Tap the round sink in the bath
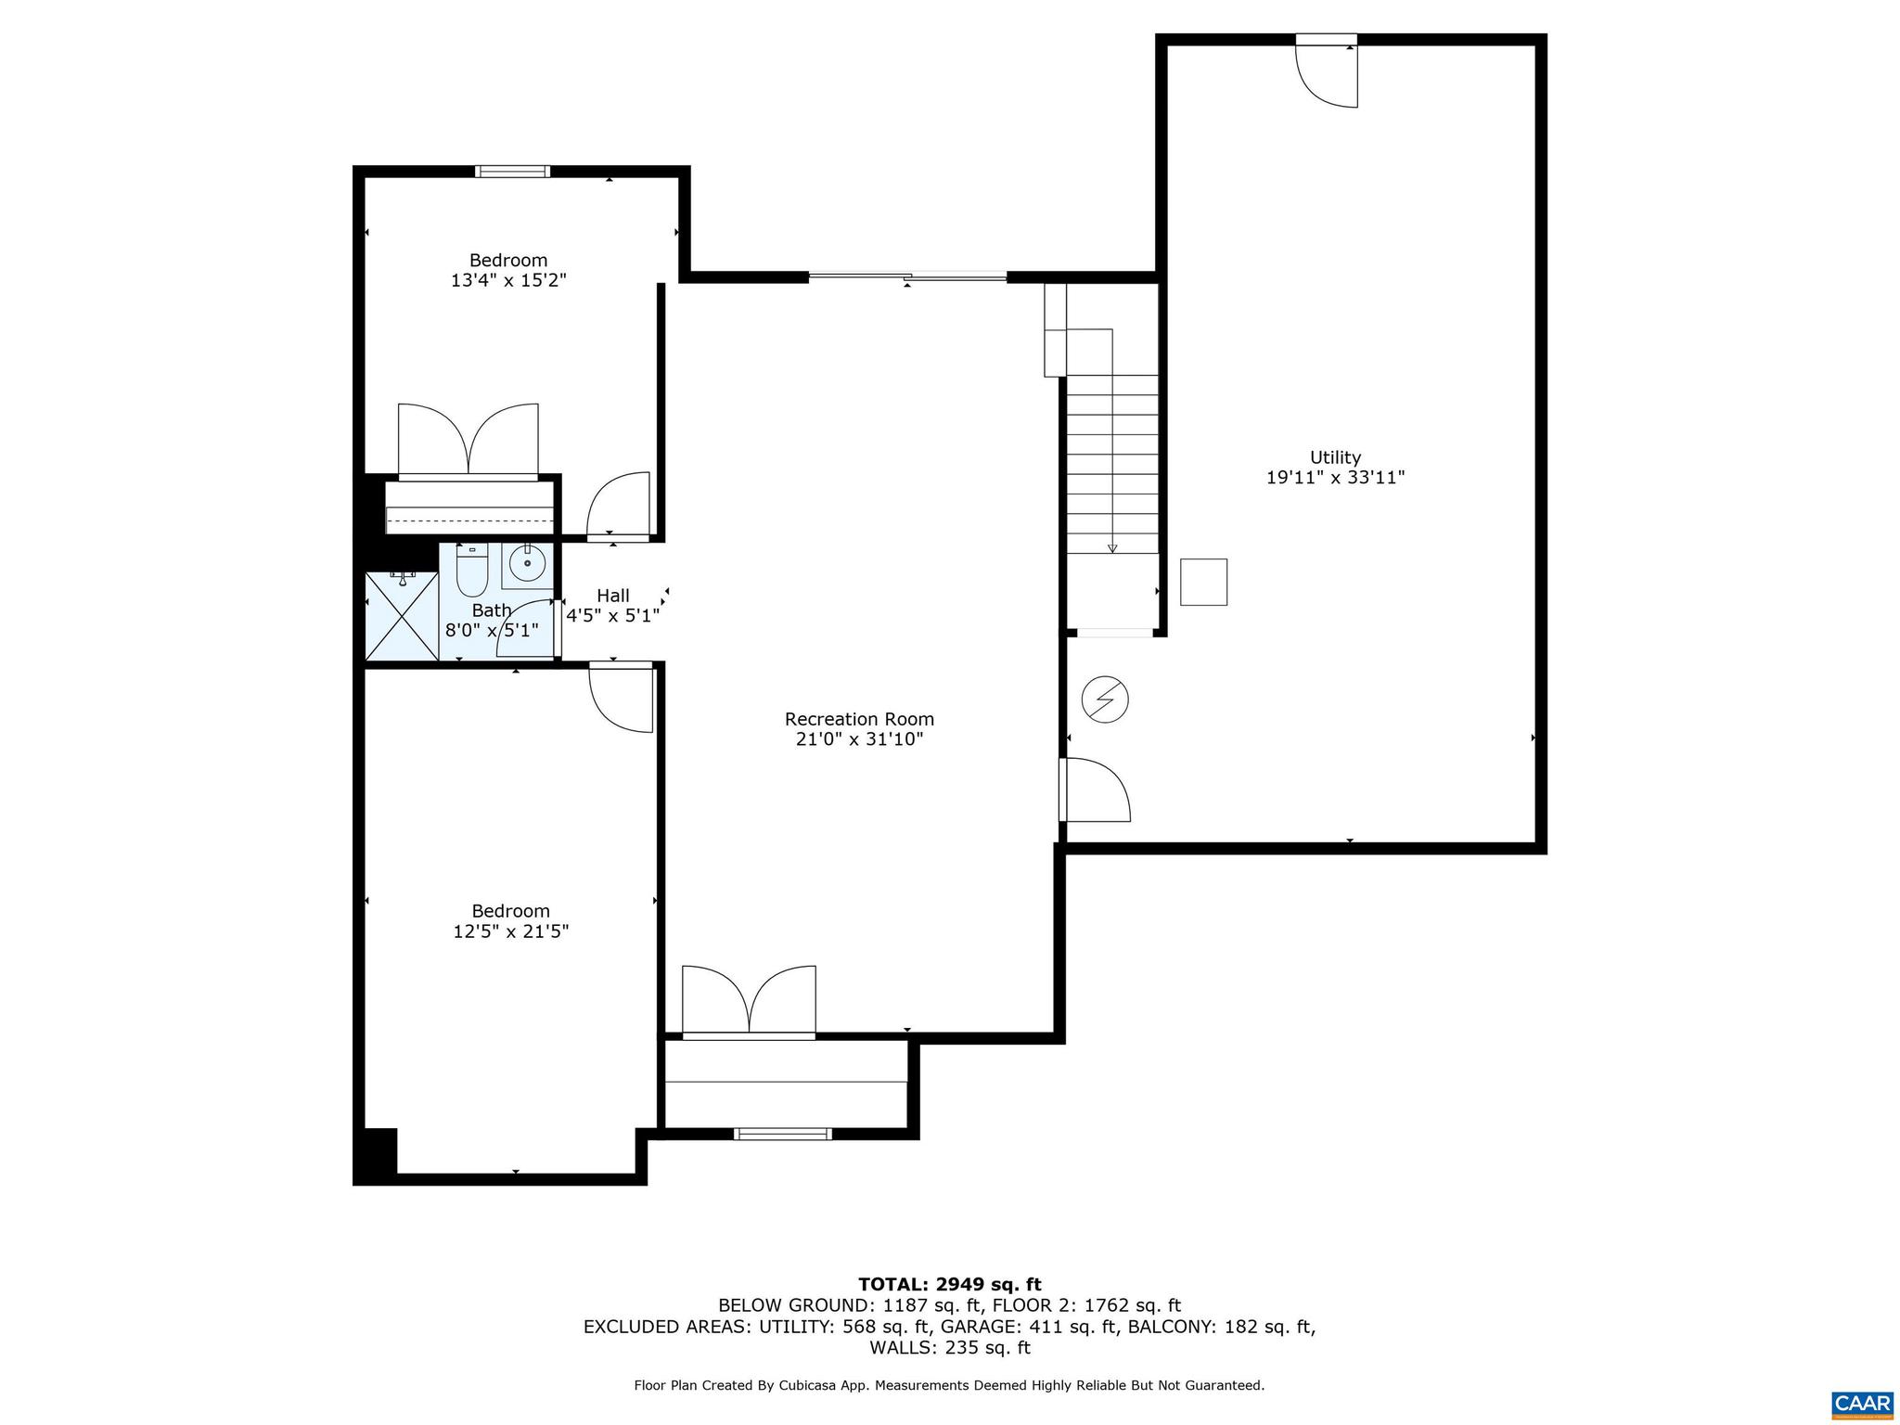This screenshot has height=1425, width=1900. pyautogui.click(x=527, y=563)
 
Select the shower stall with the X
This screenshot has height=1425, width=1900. pyautogui.click(x=402, y=616)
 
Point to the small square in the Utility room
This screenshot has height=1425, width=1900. pyautogui.click(x=1203, y=582)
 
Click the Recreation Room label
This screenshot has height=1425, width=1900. pyautogui.click(x=859, y=719)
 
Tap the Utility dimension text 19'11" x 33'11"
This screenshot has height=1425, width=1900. pyautogui.click(x=1335, y=478)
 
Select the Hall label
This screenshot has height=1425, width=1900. pyautogui.click(x=612, y=596)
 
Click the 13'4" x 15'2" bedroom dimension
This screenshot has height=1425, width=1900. pyautogui.click(x=508, y=280)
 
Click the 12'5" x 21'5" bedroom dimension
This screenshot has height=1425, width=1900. pyautogui.click(x=510, y=931)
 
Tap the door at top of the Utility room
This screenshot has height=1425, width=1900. pyautogui.click(x=1328, y=72)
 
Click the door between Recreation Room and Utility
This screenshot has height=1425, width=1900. pyautogui.click(x=1095, y=790)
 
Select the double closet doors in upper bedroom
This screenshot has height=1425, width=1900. pyautogui.click(x=469, y=441)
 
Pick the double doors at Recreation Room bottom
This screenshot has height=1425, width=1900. pyautogui.click(x=749, y=999)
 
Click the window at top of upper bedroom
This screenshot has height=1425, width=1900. pyautogui.click(x=512, y=171)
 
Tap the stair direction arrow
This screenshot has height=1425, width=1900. pyautogui.click(x=1112, y=547)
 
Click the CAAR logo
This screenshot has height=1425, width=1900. pyautogui.click(x=1862, y=1402)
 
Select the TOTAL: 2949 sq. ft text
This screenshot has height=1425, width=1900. pyautogui.click(x=949, y=1284)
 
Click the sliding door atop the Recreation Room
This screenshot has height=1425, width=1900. pyautogui.click(x=907, y=276)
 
